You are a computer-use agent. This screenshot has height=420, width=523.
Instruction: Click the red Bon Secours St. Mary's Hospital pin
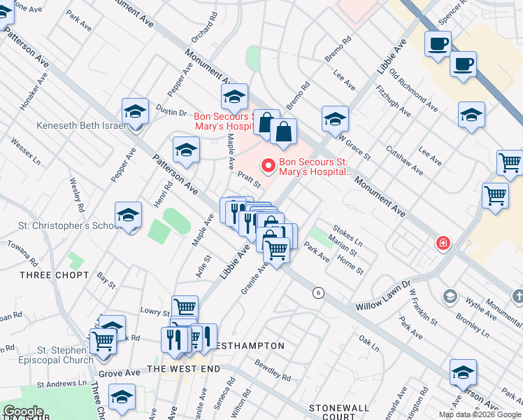266,166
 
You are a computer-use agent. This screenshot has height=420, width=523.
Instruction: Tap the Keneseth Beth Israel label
80,126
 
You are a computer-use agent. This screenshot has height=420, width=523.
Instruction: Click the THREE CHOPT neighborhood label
55,275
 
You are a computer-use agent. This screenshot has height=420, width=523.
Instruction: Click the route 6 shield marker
318,293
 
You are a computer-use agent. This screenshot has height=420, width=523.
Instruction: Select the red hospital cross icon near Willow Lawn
443,244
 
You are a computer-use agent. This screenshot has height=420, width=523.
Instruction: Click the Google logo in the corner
22,412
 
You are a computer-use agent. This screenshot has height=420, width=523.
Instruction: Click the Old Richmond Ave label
414,90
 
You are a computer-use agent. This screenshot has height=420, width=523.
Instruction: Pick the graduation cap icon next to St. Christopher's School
129,217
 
